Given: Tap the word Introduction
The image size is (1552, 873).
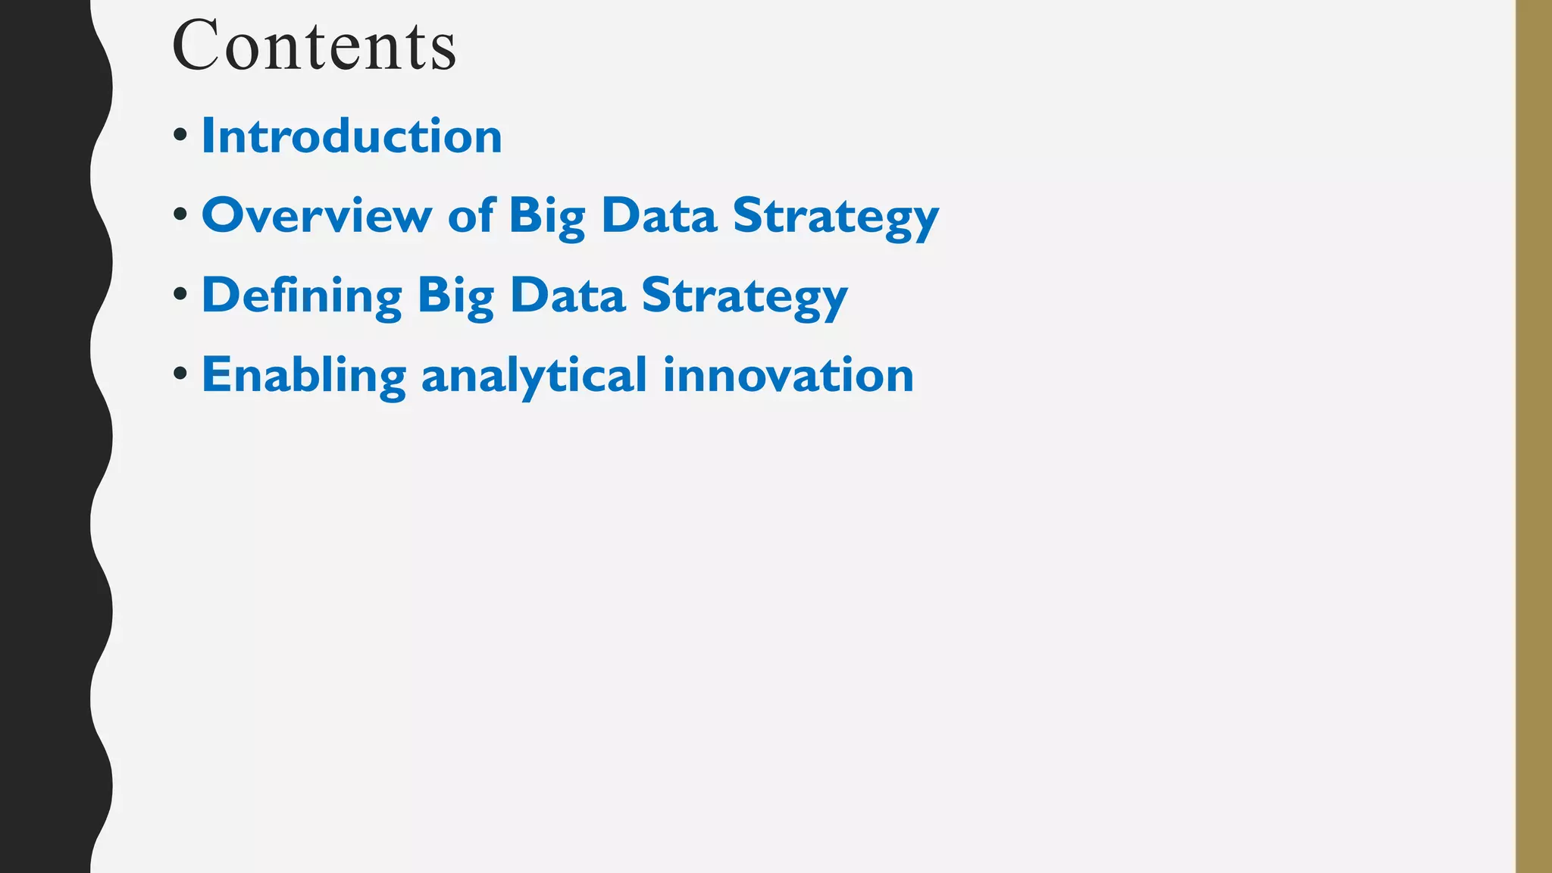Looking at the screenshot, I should click(x=352, y=136).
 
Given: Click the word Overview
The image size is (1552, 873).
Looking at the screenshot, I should click(x=317, y=216).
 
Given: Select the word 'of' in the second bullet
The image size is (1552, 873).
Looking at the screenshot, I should click(x=471, y=216).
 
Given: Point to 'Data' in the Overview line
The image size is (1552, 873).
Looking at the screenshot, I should click(x=659, y=216).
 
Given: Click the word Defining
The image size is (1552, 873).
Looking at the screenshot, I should click(x=302, y=296).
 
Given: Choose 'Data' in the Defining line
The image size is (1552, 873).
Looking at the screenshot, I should click(x=567, y=296).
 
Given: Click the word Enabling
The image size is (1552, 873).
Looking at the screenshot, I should click(x=304, y=376).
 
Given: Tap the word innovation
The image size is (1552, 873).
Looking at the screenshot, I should click(x=788, y=375).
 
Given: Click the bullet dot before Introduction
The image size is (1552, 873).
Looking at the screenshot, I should click(x=180, y=136).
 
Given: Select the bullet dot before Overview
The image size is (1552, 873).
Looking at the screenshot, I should click(x=180, y=215).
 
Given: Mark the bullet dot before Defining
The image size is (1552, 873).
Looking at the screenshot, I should click(x=180, y=294).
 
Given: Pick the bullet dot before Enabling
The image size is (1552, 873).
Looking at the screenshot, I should click(x=180, y=373).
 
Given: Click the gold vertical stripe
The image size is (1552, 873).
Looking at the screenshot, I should click(x=1533, y=436).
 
